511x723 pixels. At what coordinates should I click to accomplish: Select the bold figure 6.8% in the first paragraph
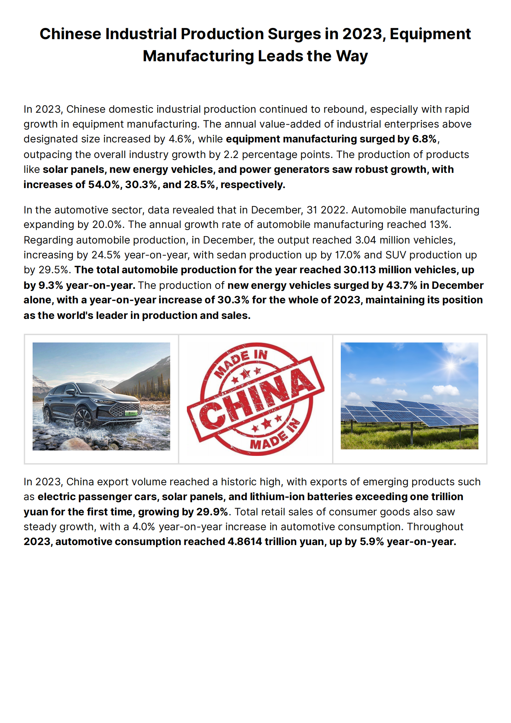(x=424, y=139)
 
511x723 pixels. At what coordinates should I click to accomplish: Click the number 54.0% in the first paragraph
(x=104, y=185)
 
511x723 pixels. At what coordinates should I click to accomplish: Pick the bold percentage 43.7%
(x=402, y=286)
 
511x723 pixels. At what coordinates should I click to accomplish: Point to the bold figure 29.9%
(x=212, y=512)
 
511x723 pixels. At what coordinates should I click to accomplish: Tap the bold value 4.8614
(x=244, y=542)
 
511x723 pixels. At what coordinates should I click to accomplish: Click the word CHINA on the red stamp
(x=256, y=399)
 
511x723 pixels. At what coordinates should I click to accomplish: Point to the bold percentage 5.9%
(x=372, y=542)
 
